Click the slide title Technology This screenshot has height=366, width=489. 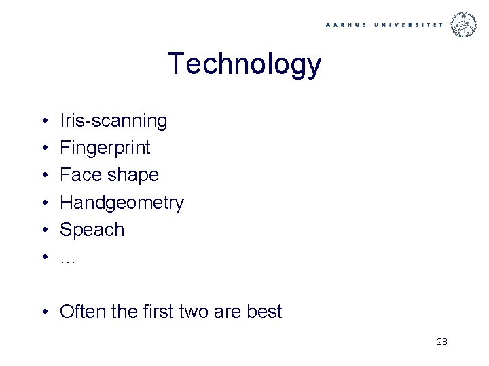click(x=244, y=64)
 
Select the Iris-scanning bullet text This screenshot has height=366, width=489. click(x=113, y=121)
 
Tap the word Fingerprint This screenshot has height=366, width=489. click(x=105, y=148)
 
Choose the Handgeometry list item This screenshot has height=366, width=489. click(x=122, y=203)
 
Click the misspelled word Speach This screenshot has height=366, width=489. click(x=92, y=230)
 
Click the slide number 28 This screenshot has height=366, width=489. click(x=441, y=342)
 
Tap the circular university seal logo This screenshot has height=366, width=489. click(x=465, y=24)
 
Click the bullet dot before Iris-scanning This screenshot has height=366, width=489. click(x=43, y=122)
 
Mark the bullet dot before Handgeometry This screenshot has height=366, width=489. click(x=43, y=203)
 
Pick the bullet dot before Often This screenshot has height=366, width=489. click(x=43, y=312)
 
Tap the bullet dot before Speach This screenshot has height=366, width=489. click(x=43, y=230)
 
